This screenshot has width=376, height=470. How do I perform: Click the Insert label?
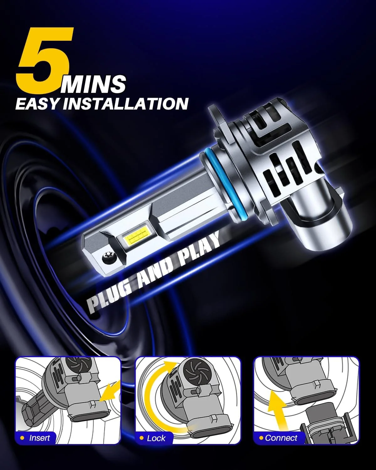pos(39,438)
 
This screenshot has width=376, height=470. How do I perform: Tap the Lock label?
pos(156,438)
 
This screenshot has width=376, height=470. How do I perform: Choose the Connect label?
pos(281,438)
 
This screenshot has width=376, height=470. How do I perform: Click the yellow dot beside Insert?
pos(22,438)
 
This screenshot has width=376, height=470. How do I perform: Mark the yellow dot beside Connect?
pos(261,438)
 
